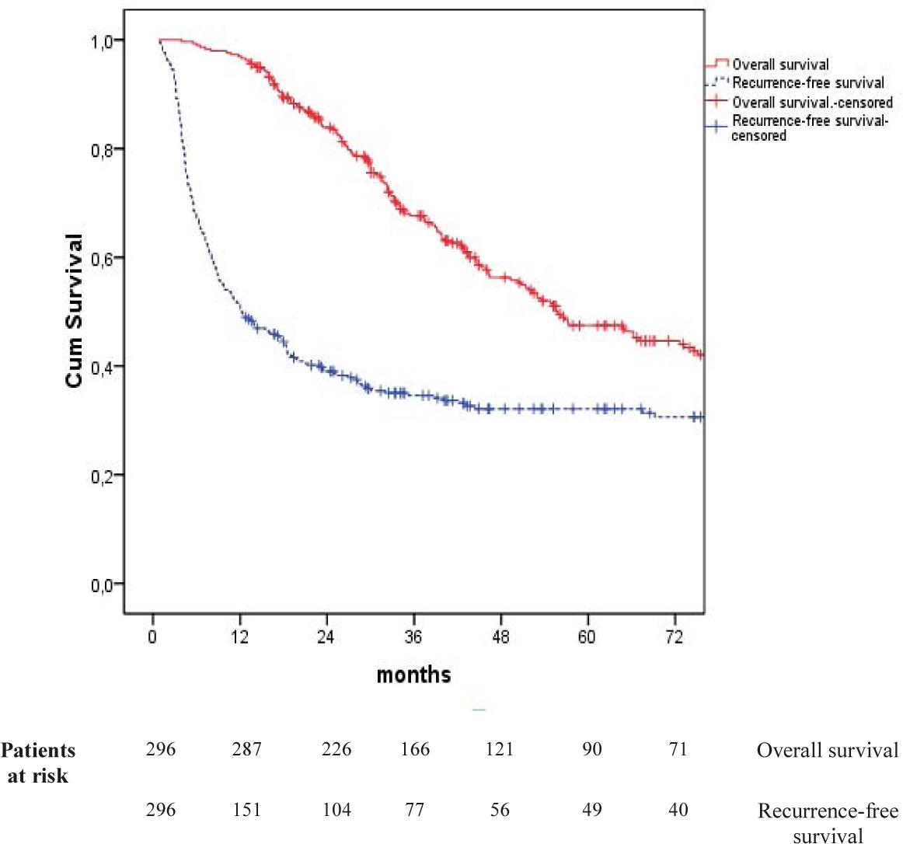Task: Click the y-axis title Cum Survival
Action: (x=75, y=311)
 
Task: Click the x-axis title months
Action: (x=413, y=674)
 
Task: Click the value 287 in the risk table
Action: (x=247, y=750)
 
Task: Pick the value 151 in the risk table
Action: (x=247, y=810)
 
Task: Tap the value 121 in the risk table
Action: (x=499, y=750)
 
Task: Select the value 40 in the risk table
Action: (x=678, y=810)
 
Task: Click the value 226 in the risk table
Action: (x=336, y=750)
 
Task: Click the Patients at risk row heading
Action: (x=38, y=762)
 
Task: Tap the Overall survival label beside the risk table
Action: (x=827, y=750)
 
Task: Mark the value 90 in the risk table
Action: (x=592, y=750)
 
